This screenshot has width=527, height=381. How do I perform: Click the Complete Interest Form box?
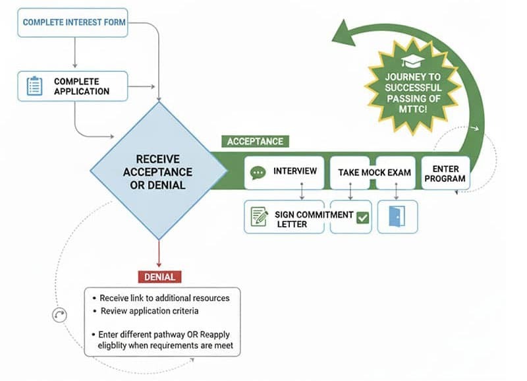click(73, 22)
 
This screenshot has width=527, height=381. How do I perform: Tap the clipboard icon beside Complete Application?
click(34, 86)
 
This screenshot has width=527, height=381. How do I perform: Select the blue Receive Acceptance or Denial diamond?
click(159, 171)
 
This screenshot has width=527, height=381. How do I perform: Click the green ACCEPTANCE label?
click(255, 141)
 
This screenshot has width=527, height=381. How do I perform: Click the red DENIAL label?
click(160, 277)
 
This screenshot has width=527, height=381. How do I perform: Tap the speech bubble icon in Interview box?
click(258, 173)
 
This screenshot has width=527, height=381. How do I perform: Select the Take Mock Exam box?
click(374, 173)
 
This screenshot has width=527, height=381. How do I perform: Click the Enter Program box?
click(445, 173)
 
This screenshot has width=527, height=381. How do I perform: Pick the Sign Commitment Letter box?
click(284, 218)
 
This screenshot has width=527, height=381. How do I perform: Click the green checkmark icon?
click(362, 218)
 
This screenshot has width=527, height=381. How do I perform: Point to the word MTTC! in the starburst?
click(412, 109)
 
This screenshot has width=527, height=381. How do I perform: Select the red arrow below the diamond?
click(159, 254)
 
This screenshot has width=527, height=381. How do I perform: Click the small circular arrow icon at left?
click(60, 315)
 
